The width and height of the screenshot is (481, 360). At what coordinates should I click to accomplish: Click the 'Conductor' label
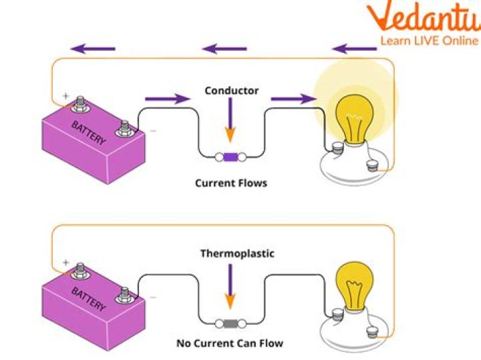(231, 90)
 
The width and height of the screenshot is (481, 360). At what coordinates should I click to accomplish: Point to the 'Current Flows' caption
(230, 182)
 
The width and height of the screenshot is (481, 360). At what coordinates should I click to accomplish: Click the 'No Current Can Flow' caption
(230, 343)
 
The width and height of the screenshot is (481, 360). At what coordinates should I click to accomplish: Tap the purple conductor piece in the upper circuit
(230, 158)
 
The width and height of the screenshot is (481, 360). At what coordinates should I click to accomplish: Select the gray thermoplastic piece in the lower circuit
(230, 324)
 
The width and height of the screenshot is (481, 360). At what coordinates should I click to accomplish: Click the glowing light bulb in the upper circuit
(354, 117)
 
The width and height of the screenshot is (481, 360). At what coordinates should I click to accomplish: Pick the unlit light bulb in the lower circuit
(354, 281)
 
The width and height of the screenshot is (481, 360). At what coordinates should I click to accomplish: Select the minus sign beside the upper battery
(153, 131)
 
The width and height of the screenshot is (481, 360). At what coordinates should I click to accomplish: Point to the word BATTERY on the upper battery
(88, 132)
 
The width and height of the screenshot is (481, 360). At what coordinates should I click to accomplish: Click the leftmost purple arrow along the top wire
(94, 48)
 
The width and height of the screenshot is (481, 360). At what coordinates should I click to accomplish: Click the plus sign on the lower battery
(65, 261)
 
